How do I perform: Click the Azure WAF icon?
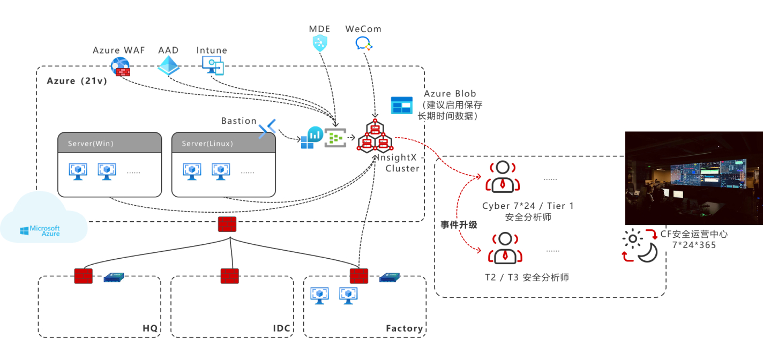[x=120, y=67]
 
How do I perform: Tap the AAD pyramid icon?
[x=169, y=65]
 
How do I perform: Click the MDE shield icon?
[x=320, y=43]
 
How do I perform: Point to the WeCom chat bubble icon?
[x=364, y=44]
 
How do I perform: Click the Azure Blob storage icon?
[x=401, y=105]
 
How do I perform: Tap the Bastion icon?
[x=267, y=129]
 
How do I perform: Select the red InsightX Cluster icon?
[x=375, y=136]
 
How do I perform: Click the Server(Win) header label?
[x=91, y=144]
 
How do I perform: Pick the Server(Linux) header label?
[x=207, y=144]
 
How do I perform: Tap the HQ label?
[x=151, y=328]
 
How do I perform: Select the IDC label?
[x=281, y=328]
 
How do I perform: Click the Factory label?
[x=404, y=328]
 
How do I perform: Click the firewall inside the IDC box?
[x=230, y=276]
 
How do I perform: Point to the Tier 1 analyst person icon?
[x=503, y=176]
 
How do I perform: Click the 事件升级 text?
[x=459, y=224]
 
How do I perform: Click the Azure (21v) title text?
[x=77, y=81]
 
